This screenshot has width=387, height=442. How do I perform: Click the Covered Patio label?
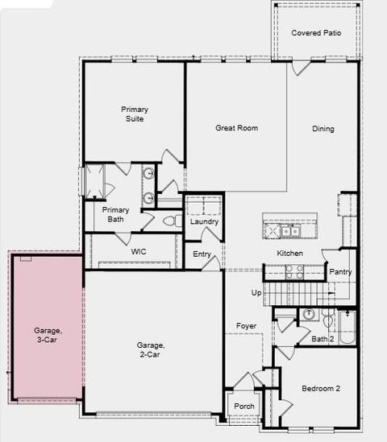(x=316, y=33)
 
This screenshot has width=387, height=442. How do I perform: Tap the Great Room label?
(x=236, y=128)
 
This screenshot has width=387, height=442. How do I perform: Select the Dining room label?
(x=323, y=129)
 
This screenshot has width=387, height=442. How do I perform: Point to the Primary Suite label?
(x=134, y=114)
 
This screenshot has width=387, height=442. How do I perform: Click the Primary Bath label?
(x=115, y=214)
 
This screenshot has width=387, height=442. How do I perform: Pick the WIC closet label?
(x=138, y=251)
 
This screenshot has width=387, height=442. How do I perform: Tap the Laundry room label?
(x=204, y=221)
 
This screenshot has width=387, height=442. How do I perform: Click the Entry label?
(x=202, y=255)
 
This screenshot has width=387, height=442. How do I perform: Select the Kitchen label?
(x=289, y=254)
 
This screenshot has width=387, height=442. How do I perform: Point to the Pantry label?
(x=340, y=272)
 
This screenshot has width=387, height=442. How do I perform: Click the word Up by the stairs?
(x=256, y=292)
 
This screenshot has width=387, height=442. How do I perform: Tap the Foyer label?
(x=246, y=326)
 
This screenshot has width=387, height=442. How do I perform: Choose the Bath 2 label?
(x=323, y=339)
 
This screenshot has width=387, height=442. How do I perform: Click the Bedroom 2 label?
(x=321, y=389)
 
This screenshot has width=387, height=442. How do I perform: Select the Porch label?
(x=243, y=407)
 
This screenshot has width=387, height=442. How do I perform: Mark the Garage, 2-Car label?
(x=151, y=349)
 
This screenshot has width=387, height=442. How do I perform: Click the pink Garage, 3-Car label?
(x=45, y=335)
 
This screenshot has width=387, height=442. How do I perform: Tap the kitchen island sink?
(x=289, y=231)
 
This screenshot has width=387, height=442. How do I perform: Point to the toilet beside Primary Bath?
(x=169, y=220)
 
